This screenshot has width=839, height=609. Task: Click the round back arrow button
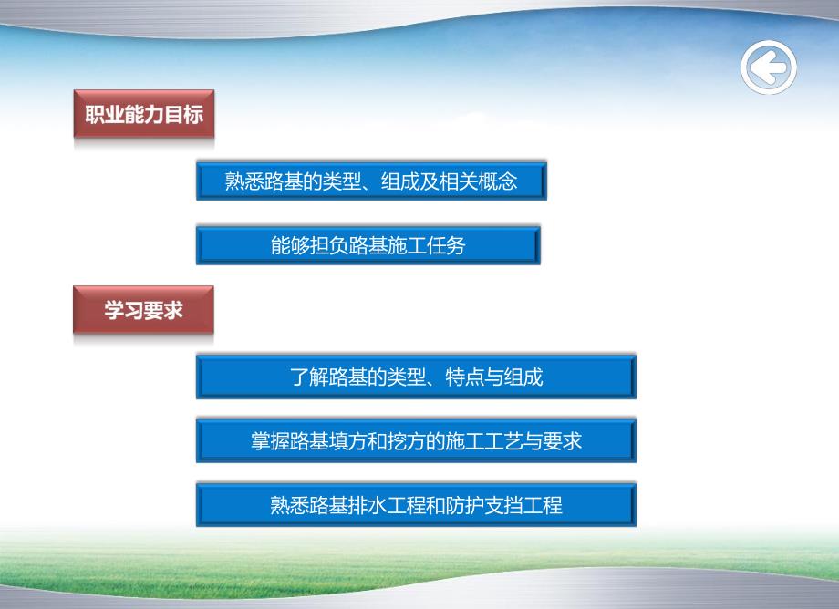(x=769, y=67)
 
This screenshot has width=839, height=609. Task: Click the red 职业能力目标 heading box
(x=144, y=115)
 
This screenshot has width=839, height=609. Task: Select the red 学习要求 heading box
(x=144, y=310)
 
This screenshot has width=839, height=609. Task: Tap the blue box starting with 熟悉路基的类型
(x=370, y=181)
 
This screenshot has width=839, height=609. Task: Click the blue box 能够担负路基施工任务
(x=368, y=245)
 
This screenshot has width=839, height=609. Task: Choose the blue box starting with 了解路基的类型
(x=416, y=377)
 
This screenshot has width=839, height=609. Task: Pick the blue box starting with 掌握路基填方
(x=416, y=441)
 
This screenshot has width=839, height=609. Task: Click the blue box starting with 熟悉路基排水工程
(x=416, y=505)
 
